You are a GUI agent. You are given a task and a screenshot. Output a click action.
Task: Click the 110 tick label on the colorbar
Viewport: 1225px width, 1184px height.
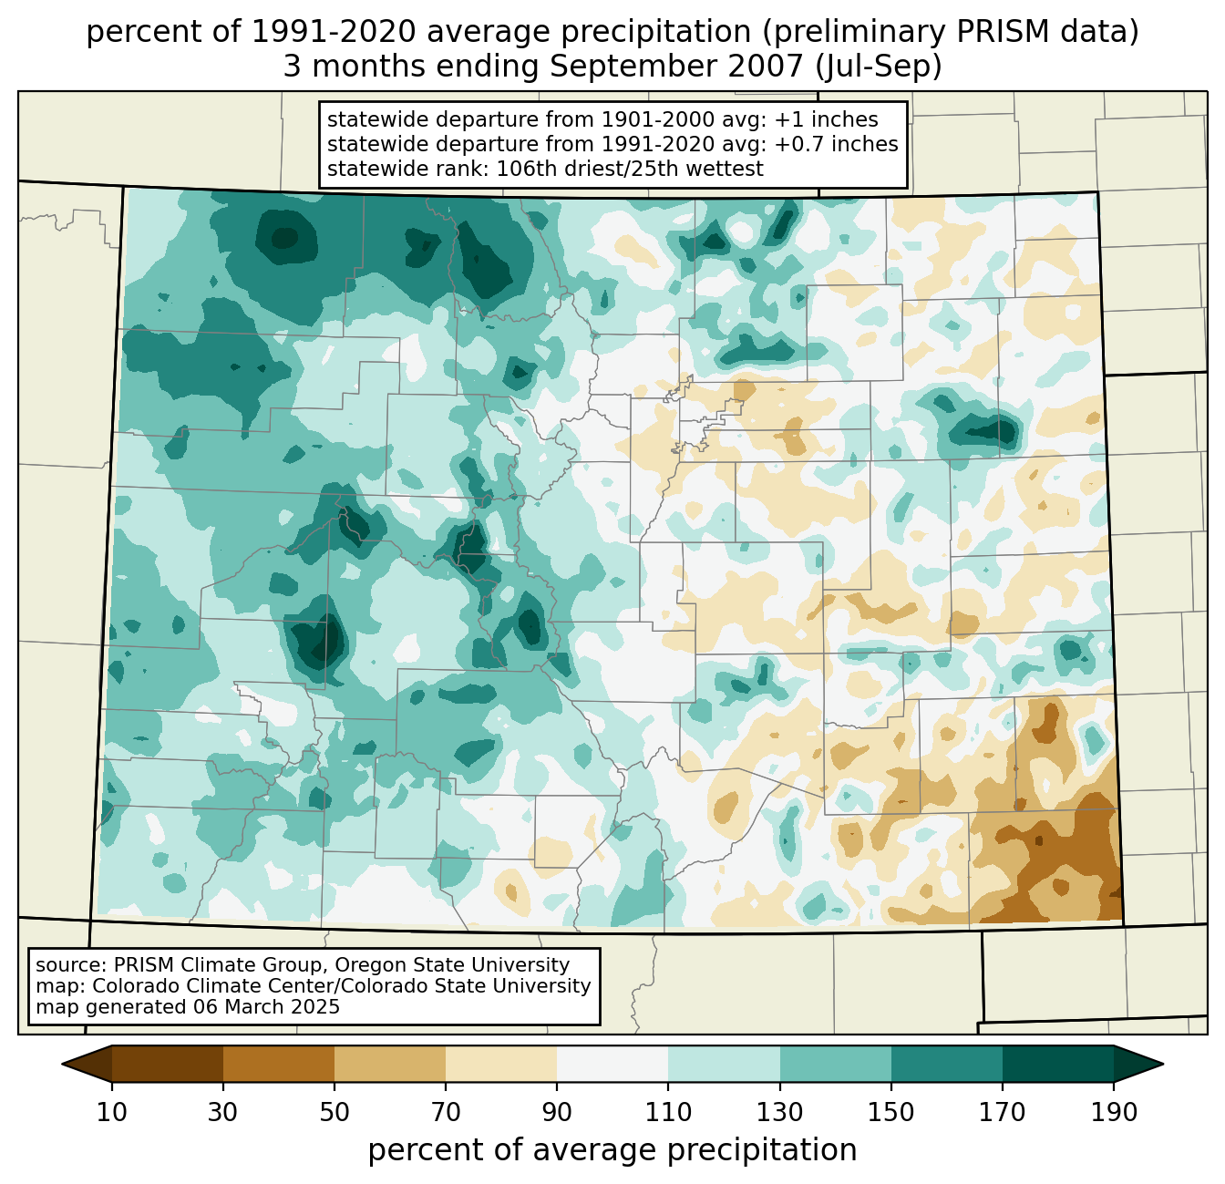click(668, 1113)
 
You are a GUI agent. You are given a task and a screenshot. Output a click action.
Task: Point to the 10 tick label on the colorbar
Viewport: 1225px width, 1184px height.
click(112, 1113)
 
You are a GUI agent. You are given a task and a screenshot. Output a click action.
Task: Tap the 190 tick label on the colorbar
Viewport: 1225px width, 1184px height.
click(1114, 1113)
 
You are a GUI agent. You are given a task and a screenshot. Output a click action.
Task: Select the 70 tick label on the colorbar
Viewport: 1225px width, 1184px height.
click(446, 1113)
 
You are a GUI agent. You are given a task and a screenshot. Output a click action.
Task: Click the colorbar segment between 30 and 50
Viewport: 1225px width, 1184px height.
click(279, 1064)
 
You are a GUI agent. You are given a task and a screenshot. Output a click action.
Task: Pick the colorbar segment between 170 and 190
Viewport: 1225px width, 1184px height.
click(1058, 1064)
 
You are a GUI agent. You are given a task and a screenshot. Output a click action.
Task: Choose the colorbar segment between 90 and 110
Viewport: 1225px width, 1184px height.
click(612, 1064)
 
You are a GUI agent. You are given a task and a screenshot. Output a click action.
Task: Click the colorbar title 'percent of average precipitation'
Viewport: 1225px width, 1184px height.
click(612, 1150)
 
